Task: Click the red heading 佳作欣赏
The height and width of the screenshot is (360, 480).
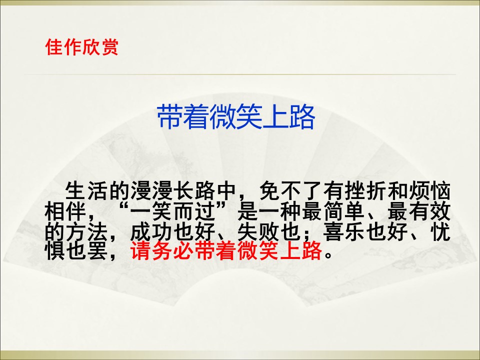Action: [x=81, y=47]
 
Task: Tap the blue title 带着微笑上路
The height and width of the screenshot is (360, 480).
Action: [x=236, y=117]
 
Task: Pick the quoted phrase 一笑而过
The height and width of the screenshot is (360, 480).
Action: [x=172, y=212]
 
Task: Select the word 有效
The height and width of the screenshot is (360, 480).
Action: [x=429, y=212]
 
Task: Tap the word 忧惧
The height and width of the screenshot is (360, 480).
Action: [x=441, y=232]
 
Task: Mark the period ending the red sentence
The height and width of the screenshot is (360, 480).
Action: [x=328, y=256]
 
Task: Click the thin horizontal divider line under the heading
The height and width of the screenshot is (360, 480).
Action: [x=240, y=74]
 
